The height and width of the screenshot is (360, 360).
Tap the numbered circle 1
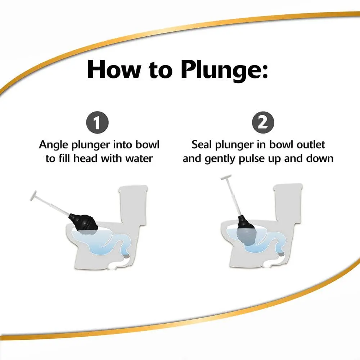(97, 123)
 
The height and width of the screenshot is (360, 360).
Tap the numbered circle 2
(263, 123)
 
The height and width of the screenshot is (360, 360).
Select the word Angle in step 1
(54, 145)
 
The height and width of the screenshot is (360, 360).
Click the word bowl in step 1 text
(147, 145)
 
